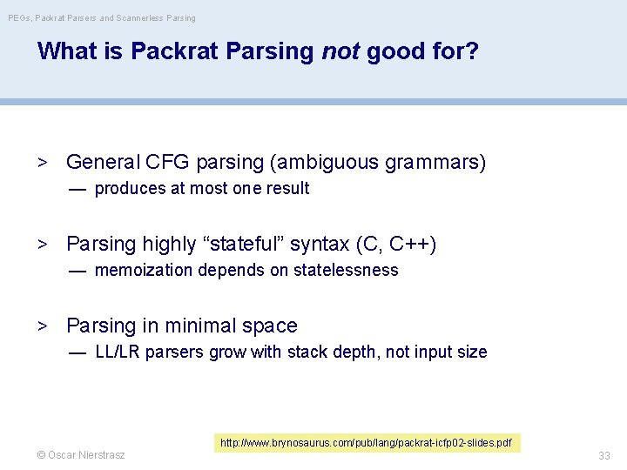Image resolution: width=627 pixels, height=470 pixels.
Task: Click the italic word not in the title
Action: coord(340,51)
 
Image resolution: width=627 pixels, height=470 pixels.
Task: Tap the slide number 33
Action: coord(603,455)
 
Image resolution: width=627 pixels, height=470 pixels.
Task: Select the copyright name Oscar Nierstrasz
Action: coord(80,455)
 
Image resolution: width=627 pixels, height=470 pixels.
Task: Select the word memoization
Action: coord(144,270)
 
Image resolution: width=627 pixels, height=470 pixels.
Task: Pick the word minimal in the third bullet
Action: coord(203,326)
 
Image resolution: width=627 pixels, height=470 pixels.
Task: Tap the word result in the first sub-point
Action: coord(288,188)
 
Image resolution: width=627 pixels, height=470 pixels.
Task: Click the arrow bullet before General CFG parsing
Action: coord(41,162)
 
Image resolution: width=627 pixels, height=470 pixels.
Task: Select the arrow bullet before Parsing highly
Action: coord(41,244)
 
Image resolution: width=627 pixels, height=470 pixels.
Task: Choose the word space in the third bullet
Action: coord(271,326)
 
